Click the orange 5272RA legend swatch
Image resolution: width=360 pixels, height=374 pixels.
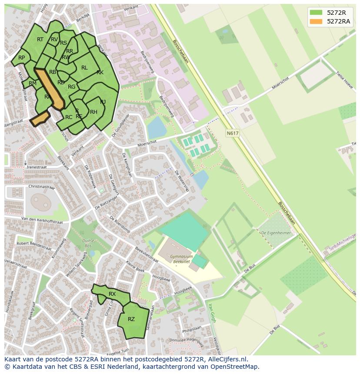pos(316,21)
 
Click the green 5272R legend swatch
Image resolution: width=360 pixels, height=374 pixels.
pos(316,13)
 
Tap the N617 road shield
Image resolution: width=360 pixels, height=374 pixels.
pos(232,133)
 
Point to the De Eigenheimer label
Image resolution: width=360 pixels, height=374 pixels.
pos(276,233)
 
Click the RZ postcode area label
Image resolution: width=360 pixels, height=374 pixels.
pos(131,319)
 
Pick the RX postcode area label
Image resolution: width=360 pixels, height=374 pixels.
pos(112,294)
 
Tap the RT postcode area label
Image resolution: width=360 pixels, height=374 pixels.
pos(40,40)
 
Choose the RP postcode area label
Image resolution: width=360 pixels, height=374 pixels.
pos(21,58)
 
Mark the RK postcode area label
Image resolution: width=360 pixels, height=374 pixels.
pos(100,73)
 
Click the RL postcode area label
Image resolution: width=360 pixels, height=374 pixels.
pos(84,68)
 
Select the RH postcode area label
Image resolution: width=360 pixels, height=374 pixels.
pos(93,112)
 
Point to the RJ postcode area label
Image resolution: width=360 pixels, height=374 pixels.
pos(103,102)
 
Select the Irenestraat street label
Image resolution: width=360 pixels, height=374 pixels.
pos(37,167)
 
